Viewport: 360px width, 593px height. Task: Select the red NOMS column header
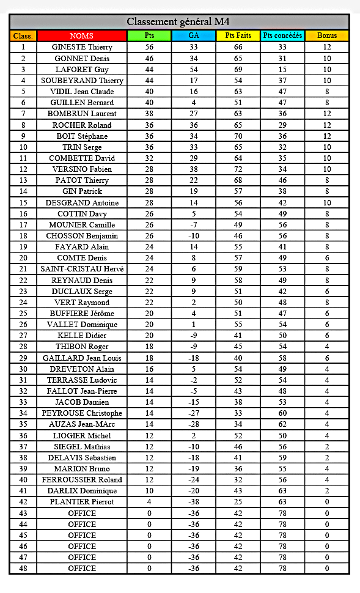click(82, 35)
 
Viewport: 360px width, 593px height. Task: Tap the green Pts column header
click(149, 35)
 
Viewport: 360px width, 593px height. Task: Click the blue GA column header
click(193, 35)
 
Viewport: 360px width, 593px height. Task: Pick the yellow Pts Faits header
click(238, 35)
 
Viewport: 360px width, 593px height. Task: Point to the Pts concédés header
click(282, 35)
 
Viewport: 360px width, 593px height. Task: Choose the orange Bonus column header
click(327, 35)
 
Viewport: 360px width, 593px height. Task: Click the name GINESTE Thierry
click(82, 47)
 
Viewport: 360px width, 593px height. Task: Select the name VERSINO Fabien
click(82, 169)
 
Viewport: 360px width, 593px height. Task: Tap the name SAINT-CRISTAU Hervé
click(82, 269)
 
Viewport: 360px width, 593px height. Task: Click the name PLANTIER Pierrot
click(82, 502)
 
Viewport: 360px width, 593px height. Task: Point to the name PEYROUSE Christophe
click(82, 413)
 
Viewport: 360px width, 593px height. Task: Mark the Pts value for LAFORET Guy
click(149, 69)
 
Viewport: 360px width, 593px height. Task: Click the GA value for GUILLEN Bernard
click(193, 103)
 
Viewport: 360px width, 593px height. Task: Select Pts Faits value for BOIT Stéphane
click(238, 136)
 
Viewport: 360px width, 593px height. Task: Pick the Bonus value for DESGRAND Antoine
click(327, 202)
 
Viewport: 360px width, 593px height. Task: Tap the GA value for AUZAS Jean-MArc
click(193, 424)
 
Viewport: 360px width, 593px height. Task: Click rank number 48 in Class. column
click(23, 569)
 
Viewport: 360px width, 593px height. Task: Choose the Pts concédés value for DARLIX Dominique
click(282, 491)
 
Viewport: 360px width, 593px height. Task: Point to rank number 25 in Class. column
click(23, 314)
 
